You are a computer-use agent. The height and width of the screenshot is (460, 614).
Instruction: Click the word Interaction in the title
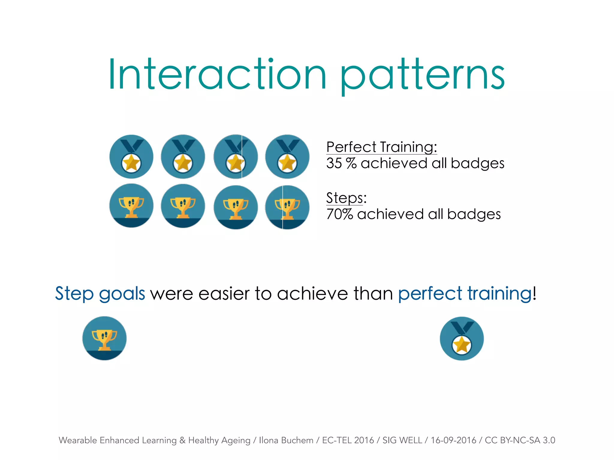tap(217, 74)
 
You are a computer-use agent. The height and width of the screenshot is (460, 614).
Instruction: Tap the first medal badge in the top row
tap(131, 157)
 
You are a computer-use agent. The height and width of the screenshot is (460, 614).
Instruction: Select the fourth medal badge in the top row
tap(287, 157)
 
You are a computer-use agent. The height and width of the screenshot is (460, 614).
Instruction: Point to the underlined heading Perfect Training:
tap(381, 147)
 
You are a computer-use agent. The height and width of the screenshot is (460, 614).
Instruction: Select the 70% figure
tap(339, 214)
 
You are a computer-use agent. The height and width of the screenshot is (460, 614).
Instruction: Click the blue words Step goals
tap(100, 293)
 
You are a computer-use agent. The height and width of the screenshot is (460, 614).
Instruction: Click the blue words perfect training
tap(465, 293)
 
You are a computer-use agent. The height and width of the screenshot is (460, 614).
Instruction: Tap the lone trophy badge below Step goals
tap(104, 338)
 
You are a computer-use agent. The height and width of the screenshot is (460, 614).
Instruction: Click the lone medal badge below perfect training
tap(462, 339)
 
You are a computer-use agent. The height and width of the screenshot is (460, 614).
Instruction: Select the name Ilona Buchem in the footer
tap(286, 440)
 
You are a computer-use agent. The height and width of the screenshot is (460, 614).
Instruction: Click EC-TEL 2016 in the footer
tap(348, 440)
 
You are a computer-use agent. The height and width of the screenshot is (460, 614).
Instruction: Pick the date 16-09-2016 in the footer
tap(453, 440)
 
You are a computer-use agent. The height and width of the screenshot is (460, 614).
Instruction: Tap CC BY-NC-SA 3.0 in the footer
tap(520, 440)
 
